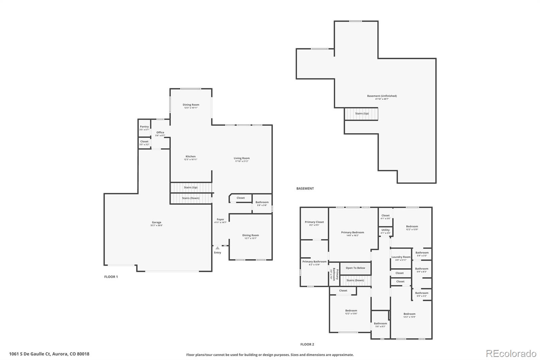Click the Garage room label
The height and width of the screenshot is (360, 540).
tap(156, 223)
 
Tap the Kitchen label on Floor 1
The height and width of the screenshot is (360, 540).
tap(190, 157)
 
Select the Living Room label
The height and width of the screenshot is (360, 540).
tap(242, 158)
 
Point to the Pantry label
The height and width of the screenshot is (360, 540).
tap(144, 127)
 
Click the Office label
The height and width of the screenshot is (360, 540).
tap(160, 133)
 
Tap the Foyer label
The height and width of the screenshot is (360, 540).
tap(220, 220)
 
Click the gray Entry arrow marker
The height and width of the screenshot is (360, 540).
tap(217, 248)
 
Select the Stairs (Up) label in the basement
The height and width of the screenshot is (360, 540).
tap(362, 113)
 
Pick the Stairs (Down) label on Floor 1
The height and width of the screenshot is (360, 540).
tap(190, 198)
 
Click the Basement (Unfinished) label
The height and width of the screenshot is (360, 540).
tap(382, 96)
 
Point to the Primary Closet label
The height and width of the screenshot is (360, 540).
tap(314, 222)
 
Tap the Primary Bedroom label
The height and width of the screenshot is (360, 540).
tap(352, 233)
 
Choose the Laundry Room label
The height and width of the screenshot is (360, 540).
tap(401, 257)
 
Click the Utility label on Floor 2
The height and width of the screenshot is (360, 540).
tap(385, 230)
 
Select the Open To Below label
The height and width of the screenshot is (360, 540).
tap(355, 268)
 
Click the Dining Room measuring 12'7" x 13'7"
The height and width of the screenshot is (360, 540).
tap(250, 235)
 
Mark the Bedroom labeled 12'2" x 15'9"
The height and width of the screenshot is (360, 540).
tap(409, 314)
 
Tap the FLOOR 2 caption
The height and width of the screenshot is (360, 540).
tap(307, 344)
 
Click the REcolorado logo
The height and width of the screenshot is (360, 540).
tap(511, 354)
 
